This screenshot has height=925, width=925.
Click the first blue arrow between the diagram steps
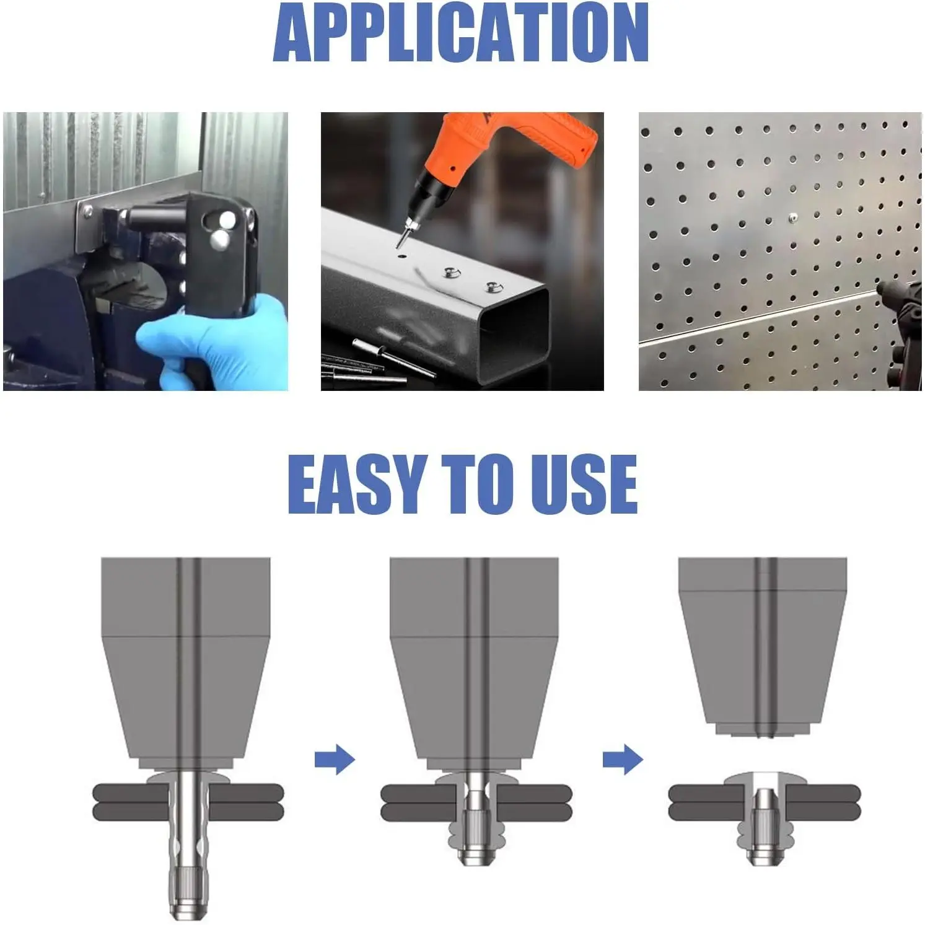[335, 759]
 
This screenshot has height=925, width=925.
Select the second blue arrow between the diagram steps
[623, 759]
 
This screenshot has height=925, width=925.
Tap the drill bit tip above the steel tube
[399, 243]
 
